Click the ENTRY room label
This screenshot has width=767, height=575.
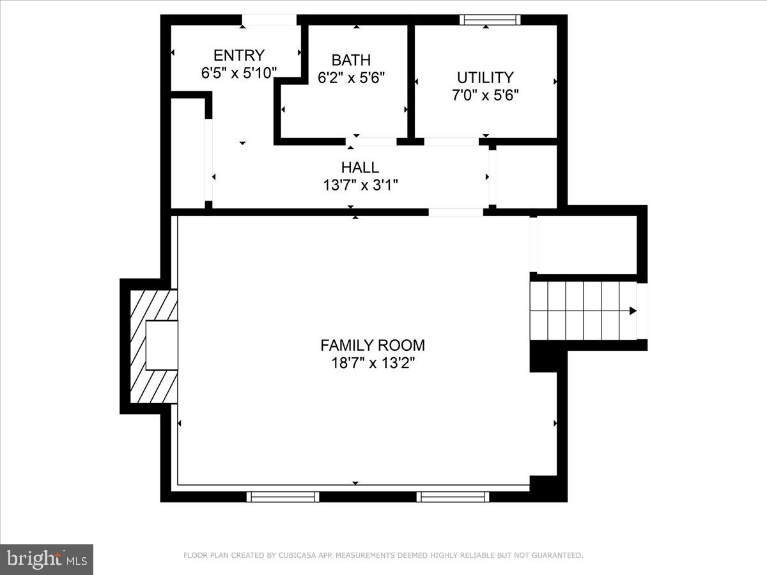click(238, 56)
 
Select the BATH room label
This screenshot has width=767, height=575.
click(351, 61)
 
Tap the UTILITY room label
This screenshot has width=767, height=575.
click(485, 78)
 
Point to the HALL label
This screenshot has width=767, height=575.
click(360, 168)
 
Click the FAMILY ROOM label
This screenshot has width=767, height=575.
click(373, 346)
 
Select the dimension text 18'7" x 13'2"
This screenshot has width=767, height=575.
click(373, 363)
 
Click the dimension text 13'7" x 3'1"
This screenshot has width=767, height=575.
click(360, 185)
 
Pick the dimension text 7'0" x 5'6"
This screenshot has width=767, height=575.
click(485, 95)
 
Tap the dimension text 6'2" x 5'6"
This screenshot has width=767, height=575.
click(351, 77)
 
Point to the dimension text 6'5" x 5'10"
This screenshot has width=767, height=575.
click(239, 73)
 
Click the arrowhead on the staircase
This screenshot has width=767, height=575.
click(632, 311)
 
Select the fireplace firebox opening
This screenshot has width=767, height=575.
click(161, 345)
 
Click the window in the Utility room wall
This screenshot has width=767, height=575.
click(490, 20)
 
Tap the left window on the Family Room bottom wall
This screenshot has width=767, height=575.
click(283, 496)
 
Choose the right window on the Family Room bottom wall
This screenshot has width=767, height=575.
click(453, 496)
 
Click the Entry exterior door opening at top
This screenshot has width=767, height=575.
click(269, 20)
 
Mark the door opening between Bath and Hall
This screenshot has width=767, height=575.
click(371, 141)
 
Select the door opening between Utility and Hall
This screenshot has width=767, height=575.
click(451, 141)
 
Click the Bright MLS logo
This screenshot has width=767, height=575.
click(47, 559)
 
